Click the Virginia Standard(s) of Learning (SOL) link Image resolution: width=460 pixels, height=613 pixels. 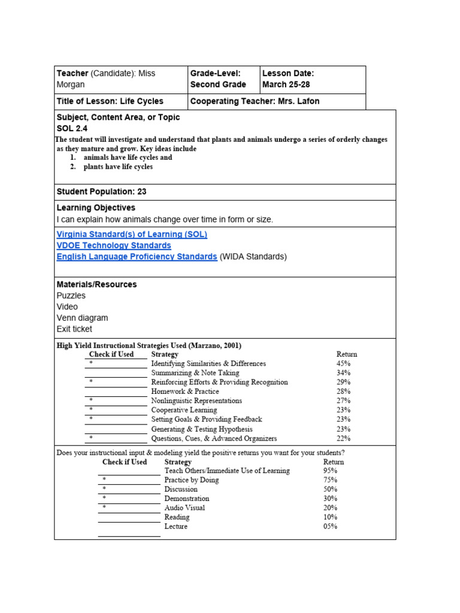(132, 235)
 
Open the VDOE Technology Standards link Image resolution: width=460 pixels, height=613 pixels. (114, 245)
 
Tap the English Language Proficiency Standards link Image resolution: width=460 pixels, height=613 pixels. (137, 257)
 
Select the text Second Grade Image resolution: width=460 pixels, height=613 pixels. (218, 84)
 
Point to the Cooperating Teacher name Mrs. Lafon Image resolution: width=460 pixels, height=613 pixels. (298, 101)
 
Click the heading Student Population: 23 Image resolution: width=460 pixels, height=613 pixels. (101, 192)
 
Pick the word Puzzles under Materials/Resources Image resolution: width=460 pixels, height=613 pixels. (71, 296)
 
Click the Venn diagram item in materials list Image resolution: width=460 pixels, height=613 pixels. (82, 318)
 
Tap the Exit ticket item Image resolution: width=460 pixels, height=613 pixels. (74, 329)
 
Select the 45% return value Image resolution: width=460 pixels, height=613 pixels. (343, 363)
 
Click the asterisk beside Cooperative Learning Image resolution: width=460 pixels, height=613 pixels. (91, 410)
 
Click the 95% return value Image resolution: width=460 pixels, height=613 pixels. (330, 471)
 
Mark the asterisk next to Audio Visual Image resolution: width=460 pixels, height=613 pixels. (104, 508)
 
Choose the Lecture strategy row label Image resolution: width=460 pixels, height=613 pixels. (175, 526)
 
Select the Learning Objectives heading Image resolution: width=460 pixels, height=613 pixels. (96, 208)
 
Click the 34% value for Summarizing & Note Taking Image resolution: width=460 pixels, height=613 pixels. (343, 372)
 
